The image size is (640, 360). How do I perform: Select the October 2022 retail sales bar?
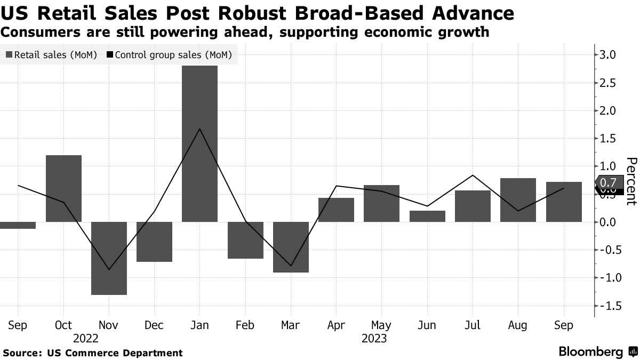[63, 188]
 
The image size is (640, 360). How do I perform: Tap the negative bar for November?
[109, 258]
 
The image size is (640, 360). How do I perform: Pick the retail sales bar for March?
[291, 246]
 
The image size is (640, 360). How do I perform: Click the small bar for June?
[427, 216]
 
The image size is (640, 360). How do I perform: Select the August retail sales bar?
[517, 199]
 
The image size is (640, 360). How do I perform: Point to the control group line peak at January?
[199, 129]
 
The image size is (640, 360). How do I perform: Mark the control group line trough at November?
[109, 269]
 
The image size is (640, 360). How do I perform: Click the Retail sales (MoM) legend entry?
[51, 55]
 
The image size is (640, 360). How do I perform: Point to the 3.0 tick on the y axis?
[609, 55]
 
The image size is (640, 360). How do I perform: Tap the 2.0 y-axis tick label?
[609, 110]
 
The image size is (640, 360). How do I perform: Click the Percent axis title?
[631, 181]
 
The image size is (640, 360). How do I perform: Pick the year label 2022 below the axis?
[86, 338]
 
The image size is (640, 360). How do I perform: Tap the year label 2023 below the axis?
[373, 338]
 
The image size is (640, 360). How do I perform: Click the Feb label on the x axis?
[245, 325]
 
